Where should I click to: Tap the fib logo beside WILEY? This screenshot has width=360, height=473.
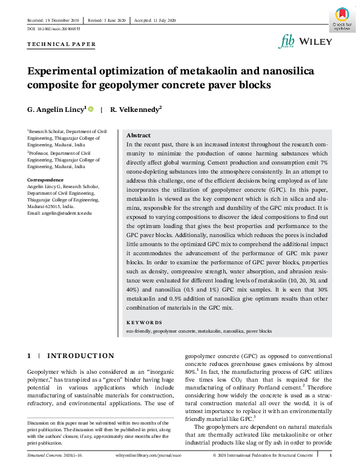pyautogui.click(x=287, y=41)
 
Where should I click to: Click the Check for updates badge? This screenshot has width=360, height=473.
pyautogui.click(x=342, y=19)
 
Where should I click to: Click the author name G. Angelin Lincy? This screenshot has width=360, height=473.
pyautogui.click(x=57, y=109)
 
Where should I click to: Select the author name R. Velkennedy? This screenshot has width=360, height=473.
pyautogui.click(x=136, y=109)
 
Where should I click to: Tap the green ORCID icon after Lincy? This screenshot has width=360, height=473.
pyautogui.click(x=91, y=109)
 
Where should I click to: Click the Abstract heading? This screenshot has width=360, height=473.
pyautogui.click(x=138, y=135)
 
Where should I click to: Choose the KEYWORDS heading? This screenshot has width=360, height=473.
pyautogui.click(x=144, y=323)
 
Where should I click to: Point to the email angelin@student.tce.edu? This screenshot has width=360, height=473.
pyautogui.click(x=59, y=214)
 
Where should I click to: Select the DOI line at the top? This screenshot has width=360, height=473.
pyautogui.click(x=53, y=29)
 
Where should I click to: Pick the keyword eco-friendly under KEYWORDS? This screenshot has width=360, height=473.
pyautogui.click(x=138, y=331)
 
